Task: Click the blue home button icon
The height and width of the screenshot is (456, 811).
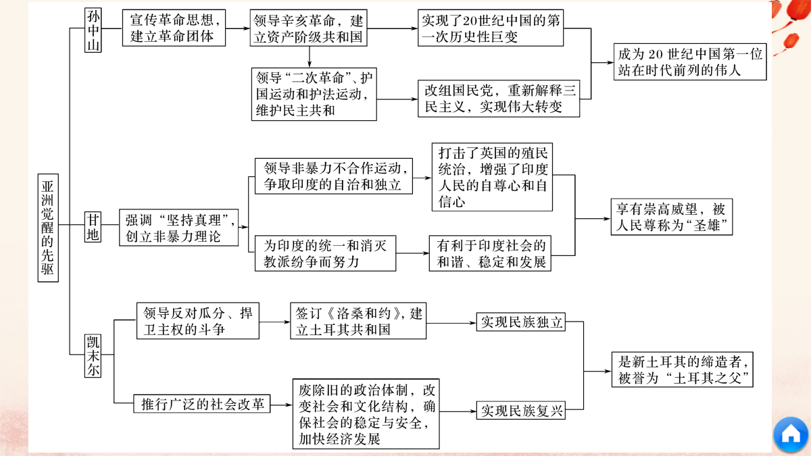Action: (791, 434)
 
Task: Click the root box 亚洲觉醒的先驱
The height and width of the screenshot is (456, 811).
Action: (48, 228)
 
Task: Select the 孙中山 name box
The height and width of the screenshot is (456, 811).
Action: (93, 30)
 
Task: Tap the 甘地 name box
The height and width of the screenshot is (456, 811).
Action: (93, 227)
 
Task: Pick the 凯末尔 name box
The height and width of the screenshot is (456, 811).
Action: (93, 356)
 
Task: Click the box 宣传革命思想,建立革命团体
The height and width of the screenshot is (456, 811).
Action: (174, 28)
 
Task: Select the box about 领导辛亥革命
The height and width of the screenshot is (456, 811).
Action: (308, 28)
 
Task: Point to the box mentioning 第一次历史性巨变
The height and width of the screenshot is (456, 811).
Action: (491, 28)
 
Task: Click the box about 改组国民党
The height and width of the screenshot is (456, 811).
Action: (499, 99)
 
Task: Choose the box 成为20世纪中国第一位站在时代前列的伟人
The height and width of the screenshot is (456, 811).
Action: (690, 61)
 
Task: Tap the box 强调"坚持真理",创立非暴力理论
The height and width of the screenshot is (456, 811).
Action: (179, 228)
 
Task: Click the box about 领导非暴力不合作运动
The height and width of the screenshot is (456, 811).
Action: (333, 176)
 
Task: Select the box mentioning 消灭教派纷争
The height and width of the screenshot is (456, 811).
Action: (325, 253)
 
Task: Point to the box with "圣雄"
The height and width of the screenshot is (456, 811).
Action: (672, 217)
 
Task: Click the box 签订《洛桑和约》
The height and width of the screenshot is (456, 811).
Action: (358, 321)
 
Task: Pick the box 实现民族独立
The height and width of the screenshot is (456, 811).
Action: (520, 322)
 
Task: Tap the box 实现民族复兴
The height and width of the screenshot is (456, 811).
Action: (520, 410)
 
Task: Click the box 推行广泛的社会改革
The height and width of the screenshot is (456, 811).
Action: (201, 403)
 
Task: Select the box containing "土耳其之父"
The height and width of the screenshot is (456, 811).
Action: (683, 370)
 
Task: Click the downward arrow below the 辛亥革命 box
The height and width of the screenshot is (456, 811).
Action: (310, 57)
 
